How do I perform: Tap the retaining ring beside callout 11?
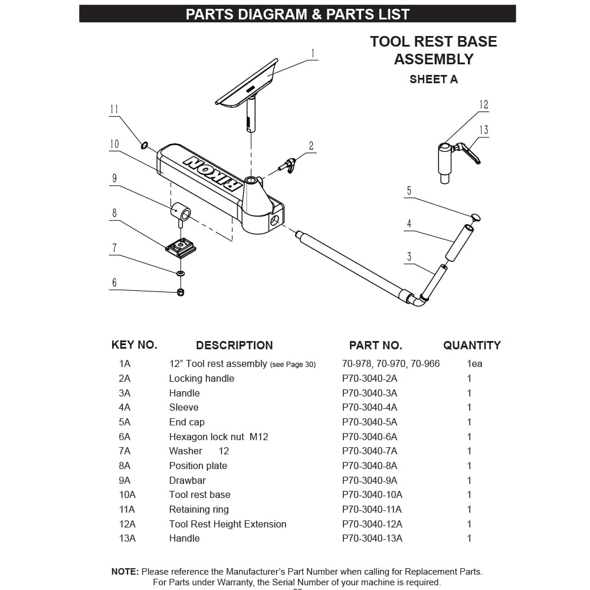coord(143,144)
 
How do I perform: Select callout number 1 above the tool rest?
coord(313,54)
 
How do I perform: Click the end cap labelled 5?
coord(476,218)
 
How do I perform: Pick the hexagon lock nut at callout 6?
coord(181,292)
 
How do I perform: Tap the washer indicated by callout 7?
coord(181,274)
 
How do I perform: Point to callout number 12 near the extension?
coord(484,105)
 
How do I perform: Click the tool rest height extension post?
coord(445,160)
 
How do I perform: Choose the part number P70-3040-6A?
coord(369,437)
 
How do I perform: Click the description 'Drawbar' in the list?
coord(187,480)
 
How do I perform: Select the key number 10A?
coord(127,494)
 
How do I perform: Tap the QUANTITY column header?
coord(471,345)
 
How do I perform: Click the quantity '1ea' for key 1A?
coord(474,363)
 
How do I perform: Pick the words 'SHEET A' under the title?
coord(433,79)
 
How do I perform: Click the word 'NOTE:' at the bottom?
coord(125,571)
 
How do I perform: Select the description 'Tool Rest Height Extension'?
coord(227,524)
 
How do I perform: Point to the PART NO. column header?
coord(375,345)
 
